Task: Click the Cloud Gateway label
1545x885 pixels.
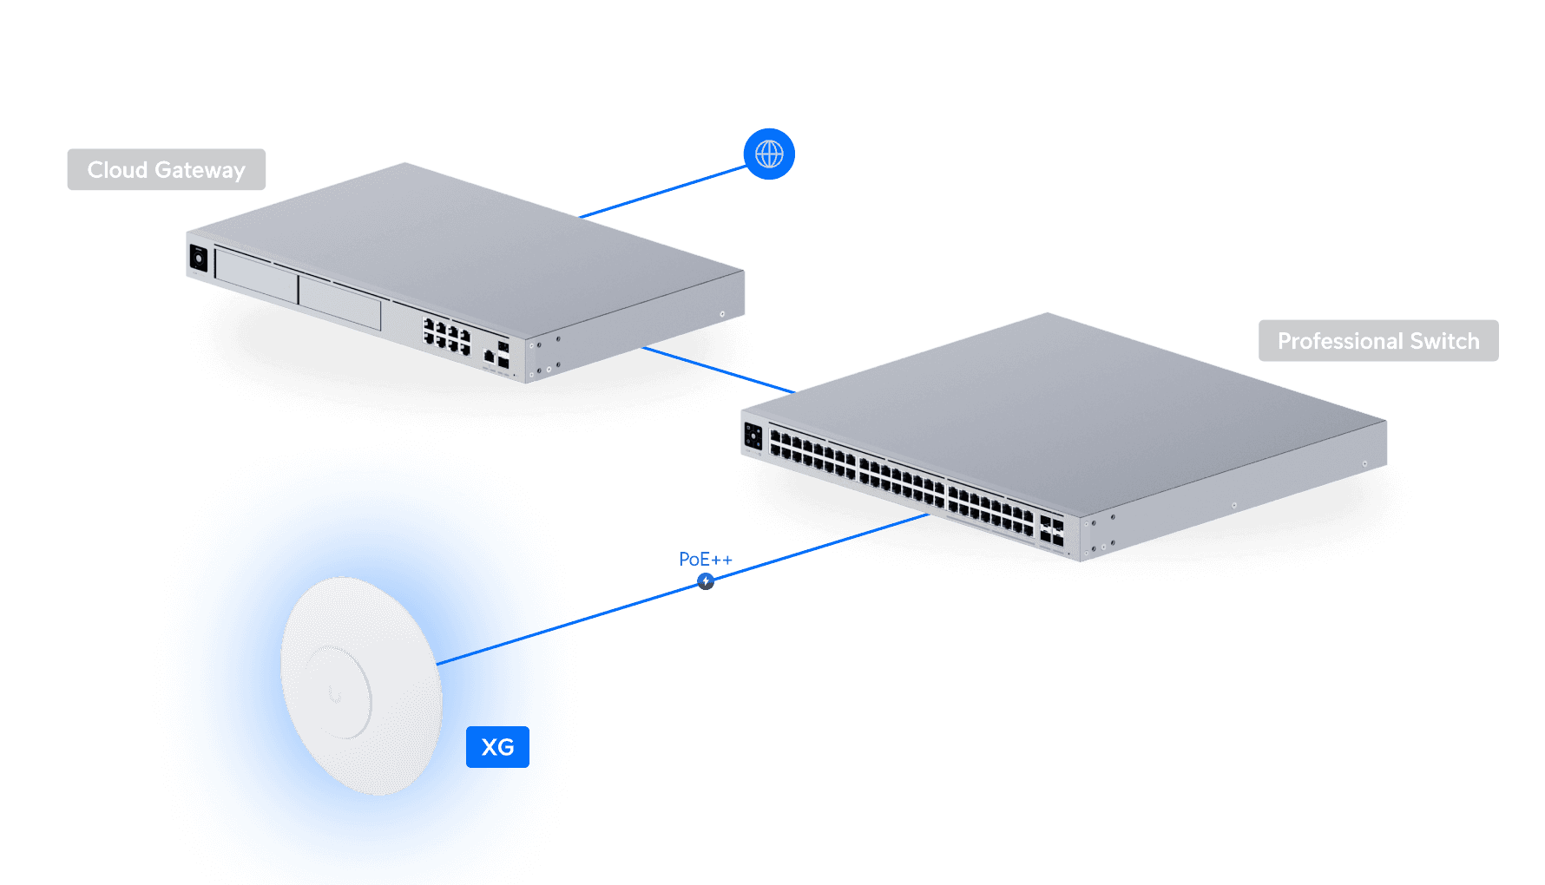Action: click(x=167, y=170)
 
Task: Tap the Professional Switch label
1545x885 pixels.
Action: click(x=1378, y=341)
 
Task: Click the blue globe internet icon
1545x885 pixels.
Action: click(x=769, y=154)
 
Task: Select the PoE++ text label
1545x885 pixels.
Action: click(x=705, y=560)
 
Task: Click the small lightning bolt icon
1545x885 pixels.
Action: click(x=706, y=581)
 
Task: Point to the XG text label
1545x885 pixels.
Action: click(x=497, y=747)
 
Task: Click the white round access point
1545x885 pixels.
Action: click(x=361, y=685)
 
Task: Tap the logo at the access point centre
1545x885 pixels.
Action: click(x=335, y=694)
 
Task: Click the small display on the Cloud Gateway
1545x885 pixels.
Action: click(x=199, y=259)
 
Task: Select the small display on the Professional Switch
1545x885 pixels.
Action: click(x=753, y=436)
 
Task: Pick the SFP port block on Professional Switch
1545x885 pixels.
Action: click(x=1051, y=531)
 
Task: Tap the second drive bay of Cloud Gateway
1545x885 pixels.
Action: click(x=339, y=301)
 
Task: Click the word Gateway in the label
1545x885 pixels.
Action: click(x=200, y=170)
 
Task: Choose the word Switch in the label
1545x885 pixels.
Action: click(x=1444, y=341)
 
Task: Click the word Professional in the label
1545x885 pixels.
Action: click(x=1340, y=341)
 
